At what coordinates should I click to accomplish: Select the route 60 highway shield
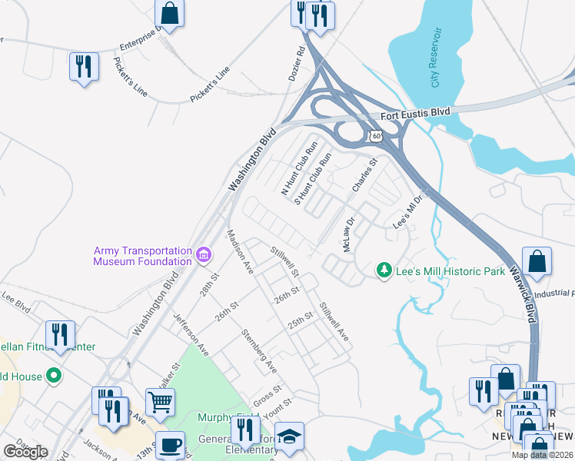[x=374, y=136]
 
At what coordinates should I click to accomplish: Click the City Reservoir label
[x=437, y=58]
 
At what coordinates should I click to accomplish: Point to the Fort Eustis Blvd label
[x=414, y=115]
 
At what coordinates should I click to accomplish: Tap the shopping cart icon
[x=160, y=400]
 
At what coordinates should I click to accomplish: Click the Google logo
[x=25, y=451]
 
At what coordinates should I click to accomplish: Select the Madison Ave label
[x=240, y=252]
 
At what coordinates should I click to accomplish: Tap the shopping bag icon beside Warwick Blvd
[x=537, y=261]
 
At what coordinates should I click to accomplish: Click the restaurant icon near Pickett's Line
[x=83, y=66]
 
